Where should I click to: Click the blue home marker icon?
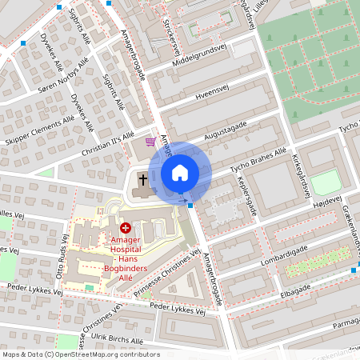pyautogui.click(x=180, y=172)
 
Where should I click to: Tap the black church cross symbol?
pyautogui.click(x=142, y=180)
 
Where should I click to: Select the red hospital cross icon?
pyautogui.click(x=124, y=228)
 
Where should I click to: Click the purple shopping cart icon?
pyautogui.click(x=150, y=141)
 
